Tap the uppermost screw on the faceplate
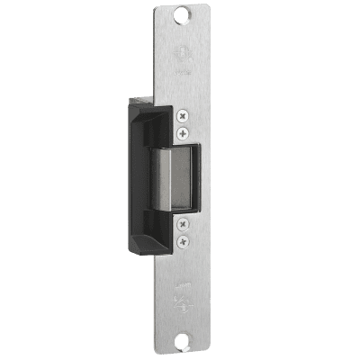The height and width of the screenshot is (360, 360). [184, 115]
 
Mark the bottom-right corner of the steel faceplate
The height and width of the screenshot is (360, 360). [215, 354]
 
